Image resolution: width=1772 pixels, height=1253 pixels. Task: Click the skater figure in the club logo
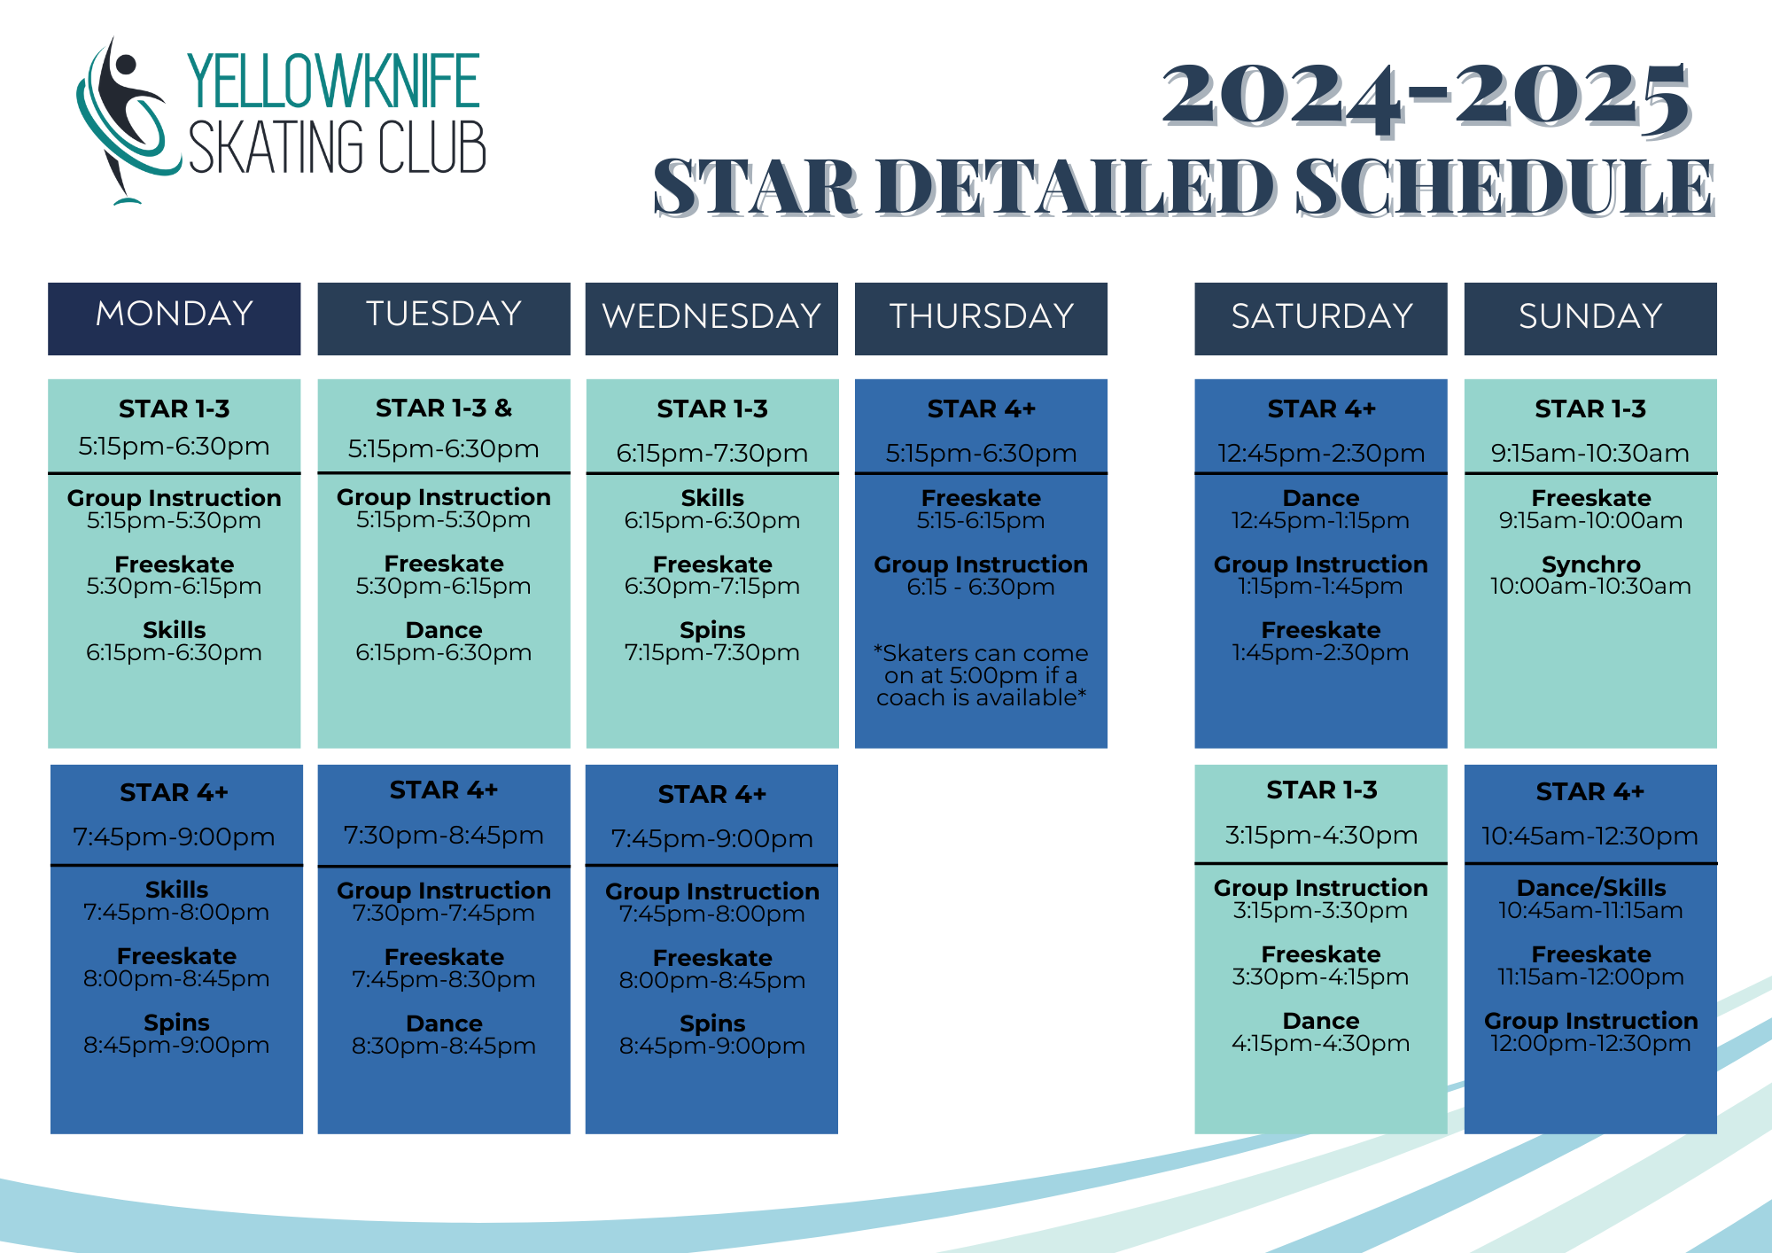click(x=124, y=115)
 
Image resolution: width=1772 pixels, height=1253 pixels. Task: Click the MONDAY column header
click(x=175, y=318)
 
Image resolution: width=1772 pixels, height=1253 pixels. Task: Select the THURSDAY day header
click(x=981, y=318)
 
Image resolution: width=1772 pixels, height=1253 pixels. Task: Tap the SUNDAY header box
click(x=1590, y=318)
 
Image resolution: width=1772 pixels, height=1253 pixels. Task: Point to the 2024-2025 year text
click(x=1426, y=97)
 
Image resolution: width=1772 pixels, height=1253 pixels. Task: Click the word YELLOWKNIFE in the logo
click(x=333, y=81)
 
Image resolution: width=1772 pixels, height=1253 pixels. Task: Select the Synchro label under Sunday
click(x=1590, y=564)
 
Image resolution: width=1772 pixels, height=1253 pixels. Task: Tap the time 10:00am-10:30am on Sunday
click(x=1590, y=586)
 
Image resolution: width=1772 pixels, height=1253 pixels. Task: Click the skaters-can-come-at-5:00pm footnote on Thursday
click(x=981, y=675)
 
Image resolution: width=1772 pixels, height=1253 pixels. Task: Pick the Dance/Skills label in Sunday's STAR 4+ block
click(x=1590, y=888)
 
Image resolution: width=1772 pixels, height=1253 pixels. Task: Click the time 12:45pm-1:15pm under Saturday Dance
click(x=1320, y=520)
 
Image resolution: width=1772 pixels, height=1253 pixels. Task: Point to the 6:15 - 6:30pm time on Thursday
click(x=981, y=587)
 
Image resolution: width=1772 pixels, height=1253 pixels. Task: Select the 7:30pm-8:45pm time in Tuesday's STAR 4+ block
click(x=444, y=835)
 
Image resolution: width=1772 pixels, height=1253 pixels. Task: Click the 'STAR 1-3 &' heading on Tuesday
click(x=444, y=408)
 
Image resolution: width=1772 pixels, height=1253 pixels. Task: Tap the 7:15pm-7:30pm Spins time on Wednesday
click(x=712, y=652)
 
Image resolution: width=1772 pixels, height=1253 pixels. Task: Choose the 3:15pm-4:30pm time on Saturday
click(x=1321, y=835)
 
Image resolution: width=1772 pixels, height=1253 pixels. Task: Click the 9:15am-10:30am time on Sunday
click(x=1590, y=453)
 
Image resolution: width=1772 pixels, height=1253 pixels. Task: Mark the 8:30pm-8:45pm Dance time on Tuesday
click(x=444, y=1046)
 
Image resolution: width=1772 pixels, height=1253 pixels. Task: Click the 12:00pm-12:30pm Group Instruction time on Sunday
click(x=1590, y=1043)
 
